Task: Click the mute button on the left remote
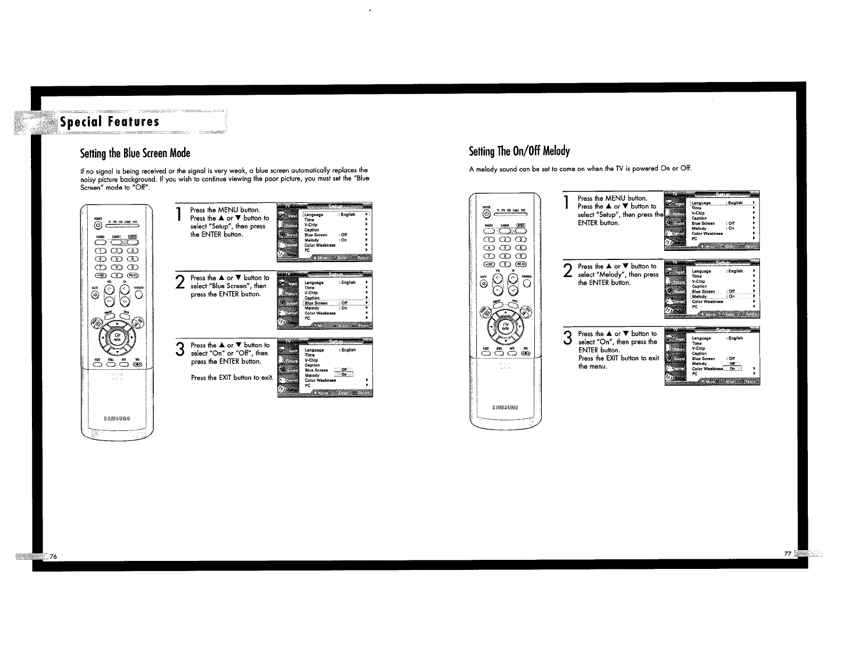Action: point(95,296)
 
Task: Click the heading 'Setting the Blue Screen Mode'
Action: point(135,153)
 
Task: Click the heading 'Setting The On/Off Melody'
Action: point(519,151)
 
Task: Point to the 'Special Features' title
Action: point(110,122)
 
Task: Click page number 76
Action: point(54,556)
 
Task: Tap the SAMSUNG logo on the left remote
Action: point(116,418)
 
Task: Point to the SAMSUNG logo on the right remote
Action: point(505,408)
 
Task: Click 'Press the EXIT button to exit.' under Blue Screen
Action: point(232,378)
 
